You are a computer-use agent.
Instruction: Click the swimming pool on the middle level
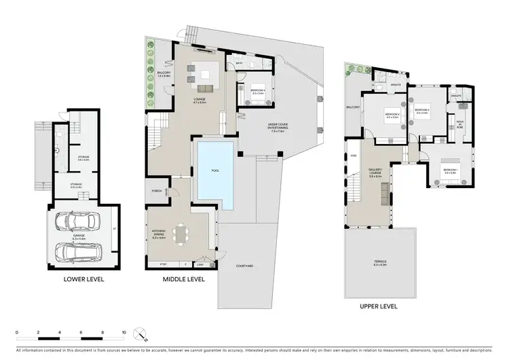click(214, 174)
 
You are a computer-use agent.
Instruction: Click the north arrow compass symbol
click(140, 334)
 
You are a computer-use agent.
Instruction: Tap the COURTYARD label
click(245, 266)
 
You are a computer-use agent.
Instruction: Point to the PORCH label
click(155, 191)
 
